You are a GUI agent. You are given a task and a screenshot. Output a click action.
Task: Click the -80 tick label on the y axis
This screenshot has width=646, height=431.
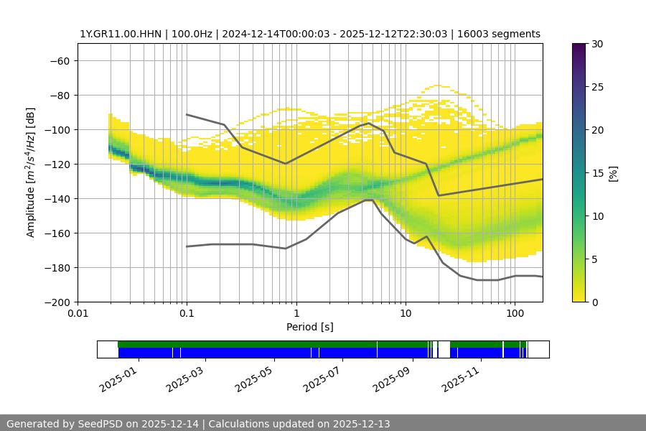pyautogui.click(x=59, y=95)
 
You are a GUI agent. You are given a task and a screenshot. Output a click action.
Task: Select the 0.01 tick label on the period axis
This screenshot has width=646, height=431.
pyautogui.click(x=78, y=314)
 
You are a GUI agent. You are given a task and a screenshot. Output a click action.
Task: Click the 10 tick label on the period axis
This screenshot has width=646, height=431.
pyautogui.click(x=406, y=314)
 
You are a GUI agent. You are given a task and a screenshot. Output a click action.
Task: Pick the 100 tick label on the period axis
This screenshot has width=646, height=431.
pyautogui.click(x=514, y=314)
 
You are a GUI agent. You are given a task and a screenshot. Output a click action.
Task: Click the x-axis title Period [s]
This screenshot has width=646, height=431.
pyautogui.click(x=310, y=327)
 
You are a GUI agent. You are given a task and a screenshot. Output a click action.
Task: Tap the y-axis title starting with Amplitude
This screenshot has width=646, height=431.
pyautogui.click(x=30, y=172)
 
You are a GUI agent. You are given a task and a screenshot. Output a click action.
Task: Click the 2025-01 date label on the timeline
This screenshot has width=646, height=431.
pyautogui.click(x=119, y=379)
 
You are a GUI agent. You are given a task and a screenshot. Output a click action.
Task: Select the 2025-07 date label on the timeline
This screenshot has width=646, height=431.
pyautogui.click(x=324, y=379)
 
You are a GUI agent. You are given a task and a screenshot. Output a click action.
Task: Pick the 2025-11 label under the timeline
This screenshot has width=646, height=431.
pyautogui.click(x=462, y=379)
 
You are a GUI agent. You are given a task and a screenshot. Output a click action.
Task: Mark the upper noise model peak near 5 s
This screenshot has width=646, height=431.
pyautogui.click(x=369, y=123)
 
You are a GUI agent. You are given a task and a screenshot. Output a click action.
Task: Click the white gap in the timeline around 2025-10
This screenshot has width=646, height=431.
pyautogui.click(x=444, y=349)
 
